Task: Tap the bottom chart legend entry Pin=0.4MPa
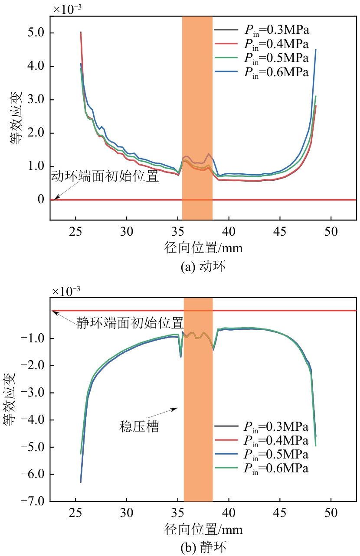coord(276,440)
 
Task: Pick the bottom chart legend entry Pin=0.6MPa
coord(276,468)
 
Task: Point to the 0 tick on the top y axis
coord(42,199)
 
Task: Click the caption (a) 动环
coord(203,267)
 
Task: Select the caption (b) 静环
coord(203,548)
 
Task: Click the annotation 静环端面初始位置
coord(130,323)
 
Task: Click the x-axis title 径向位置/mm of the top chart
coord(203,248)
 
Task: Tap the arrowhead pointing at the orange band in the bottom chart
coord(176,408)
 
